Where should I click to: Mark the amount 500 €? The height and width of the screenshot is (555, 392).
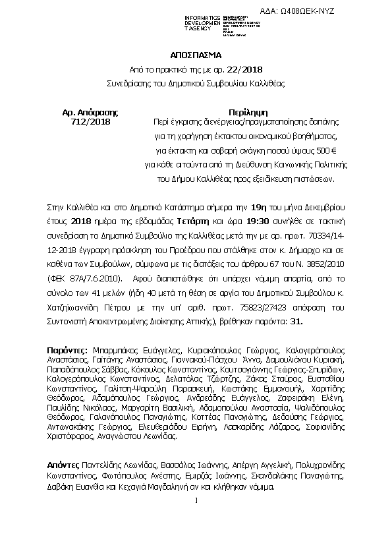point(314,150)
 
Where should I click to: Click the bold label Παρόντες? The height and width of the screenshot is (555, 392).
point(68,348)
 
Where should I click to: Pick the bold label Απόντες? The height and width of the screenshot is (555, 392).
point(64,465)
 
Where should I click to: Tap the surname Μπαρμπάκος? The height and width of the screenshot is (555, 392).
point(113,348)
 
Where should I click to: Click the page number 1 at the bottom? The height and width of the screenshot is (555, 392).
point(197,501)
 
